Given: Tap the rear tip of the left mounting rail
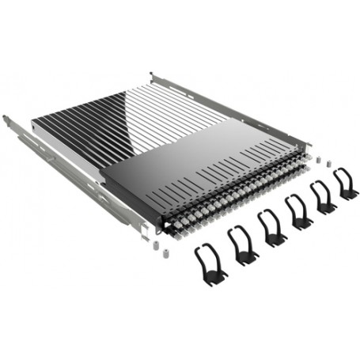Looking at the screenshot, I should tap(6, 119).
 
